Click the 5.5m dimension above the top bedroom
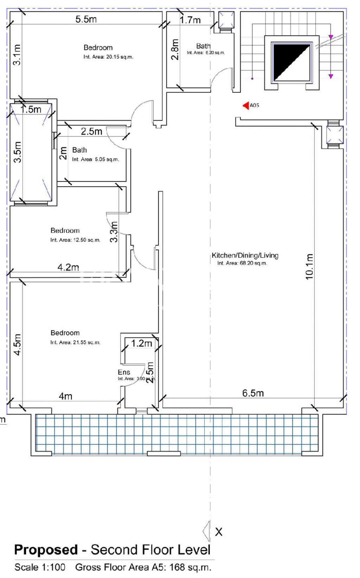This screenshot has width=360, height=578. [86, 19]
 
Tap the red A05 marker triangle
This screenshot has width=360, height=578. [246, 105]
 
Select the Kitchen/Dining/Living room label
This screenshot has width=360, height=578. [245, 255]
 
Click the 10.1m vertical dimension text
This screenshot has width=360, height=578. [309, 266]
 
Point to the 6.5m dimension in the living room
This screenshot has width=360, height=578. [253, 393]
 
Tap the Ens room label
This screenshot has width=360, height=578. [124, 372]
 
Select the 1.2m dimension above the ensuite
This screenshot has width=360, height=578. [141, 343]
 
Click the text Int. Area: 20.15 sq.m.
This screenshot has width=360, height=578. [108, 57]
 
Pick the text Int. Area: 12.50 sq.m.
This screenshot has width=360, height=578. [75, 240]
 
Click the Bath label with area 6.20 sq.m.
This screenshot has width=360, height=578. [203, 46]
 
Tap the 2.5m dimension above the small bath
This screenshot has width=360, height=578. [91, 131]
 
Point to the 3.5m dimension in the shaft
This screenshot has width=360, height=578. [18, 152]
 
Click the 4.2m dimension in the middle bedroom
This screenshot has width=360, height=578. [68, 267]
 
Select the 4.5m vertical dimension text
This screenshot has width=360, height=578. [18, 345]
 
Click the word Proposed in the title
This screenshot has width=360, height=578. [46, 550]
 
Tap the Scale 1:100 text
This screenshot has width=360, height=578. [40, 567]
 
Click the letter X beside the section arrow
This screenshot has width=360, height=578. [219, 532]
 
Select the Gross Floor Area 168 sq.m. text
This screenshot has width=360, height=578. [143, 567]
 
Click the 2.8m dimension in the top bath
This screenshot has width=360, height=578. [175, 50]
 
